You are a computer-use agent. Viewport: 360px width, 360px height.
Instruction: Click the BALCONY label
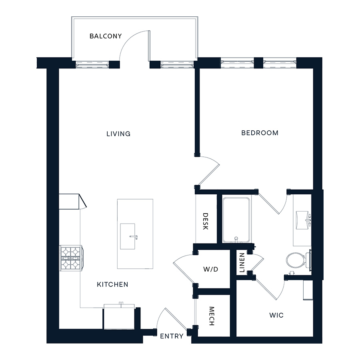coord(106,36)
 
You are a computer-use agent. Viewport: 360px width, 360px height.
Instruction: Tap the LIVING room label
coord(118,134)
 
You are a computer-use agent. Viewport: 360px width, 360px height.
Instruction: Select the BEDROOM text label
coord(260,133)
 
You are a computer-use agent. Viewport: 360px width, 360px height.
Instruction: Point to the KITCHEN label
coord(113,284)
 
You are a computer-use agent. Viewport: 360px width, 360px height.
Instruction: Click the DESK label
coord(205,221)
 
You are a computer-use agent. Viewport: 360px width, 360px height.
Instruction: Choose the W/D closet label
coord(211,269)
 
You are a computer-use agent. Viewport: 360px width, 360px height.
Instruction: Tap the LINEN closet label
coord(242,263)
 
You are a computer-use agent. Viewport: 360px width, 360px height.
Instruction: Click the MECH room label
coord(212,316)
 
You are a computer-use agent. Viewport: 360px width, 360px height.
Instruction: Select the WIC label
coord(276,315)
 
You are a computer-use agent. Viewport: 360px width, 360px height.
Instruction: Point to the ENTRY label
coord(172,336)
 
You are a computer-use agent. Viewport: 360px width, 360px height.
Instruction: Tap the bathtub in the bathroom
coord(236,220)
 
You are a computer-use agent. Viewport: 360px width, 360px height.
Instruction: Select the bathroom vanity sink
coord(303,219)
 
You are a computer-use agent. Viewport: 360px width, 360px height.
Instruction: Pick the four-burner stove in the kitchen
coord(70,258)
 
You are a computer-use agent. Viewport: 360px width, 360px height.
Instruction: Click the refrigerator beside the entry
coord(119,318)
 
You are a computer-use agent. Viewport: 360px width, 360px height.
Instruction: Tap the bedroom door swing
coord(208,170)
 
